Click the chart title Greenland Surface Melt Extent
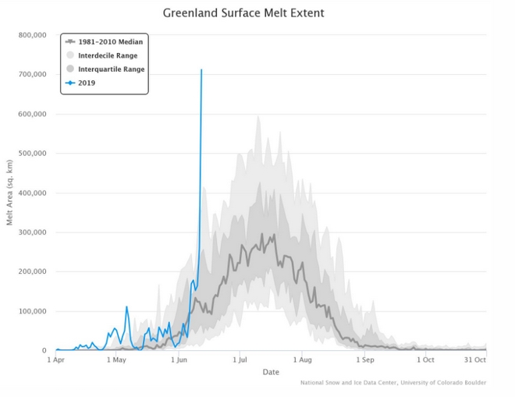[243, 13]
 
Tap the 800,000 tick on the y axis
[31, 35]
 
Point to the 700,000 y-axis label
[31, 75]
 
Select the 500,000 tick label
[31, 154]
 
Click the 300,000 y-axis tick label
[31, 232]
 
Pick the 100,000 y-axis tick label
[31, 311]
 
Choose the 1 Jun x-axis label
[179, 360]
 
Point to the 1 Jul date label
[240, 360]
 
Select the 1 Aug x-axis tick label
[302, 360]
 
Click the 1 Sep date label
[365, 360]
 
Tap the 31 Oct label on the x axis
[475, 360]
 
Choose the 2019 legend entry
[86, 83]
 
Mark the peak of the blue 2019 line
[201, 70]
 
